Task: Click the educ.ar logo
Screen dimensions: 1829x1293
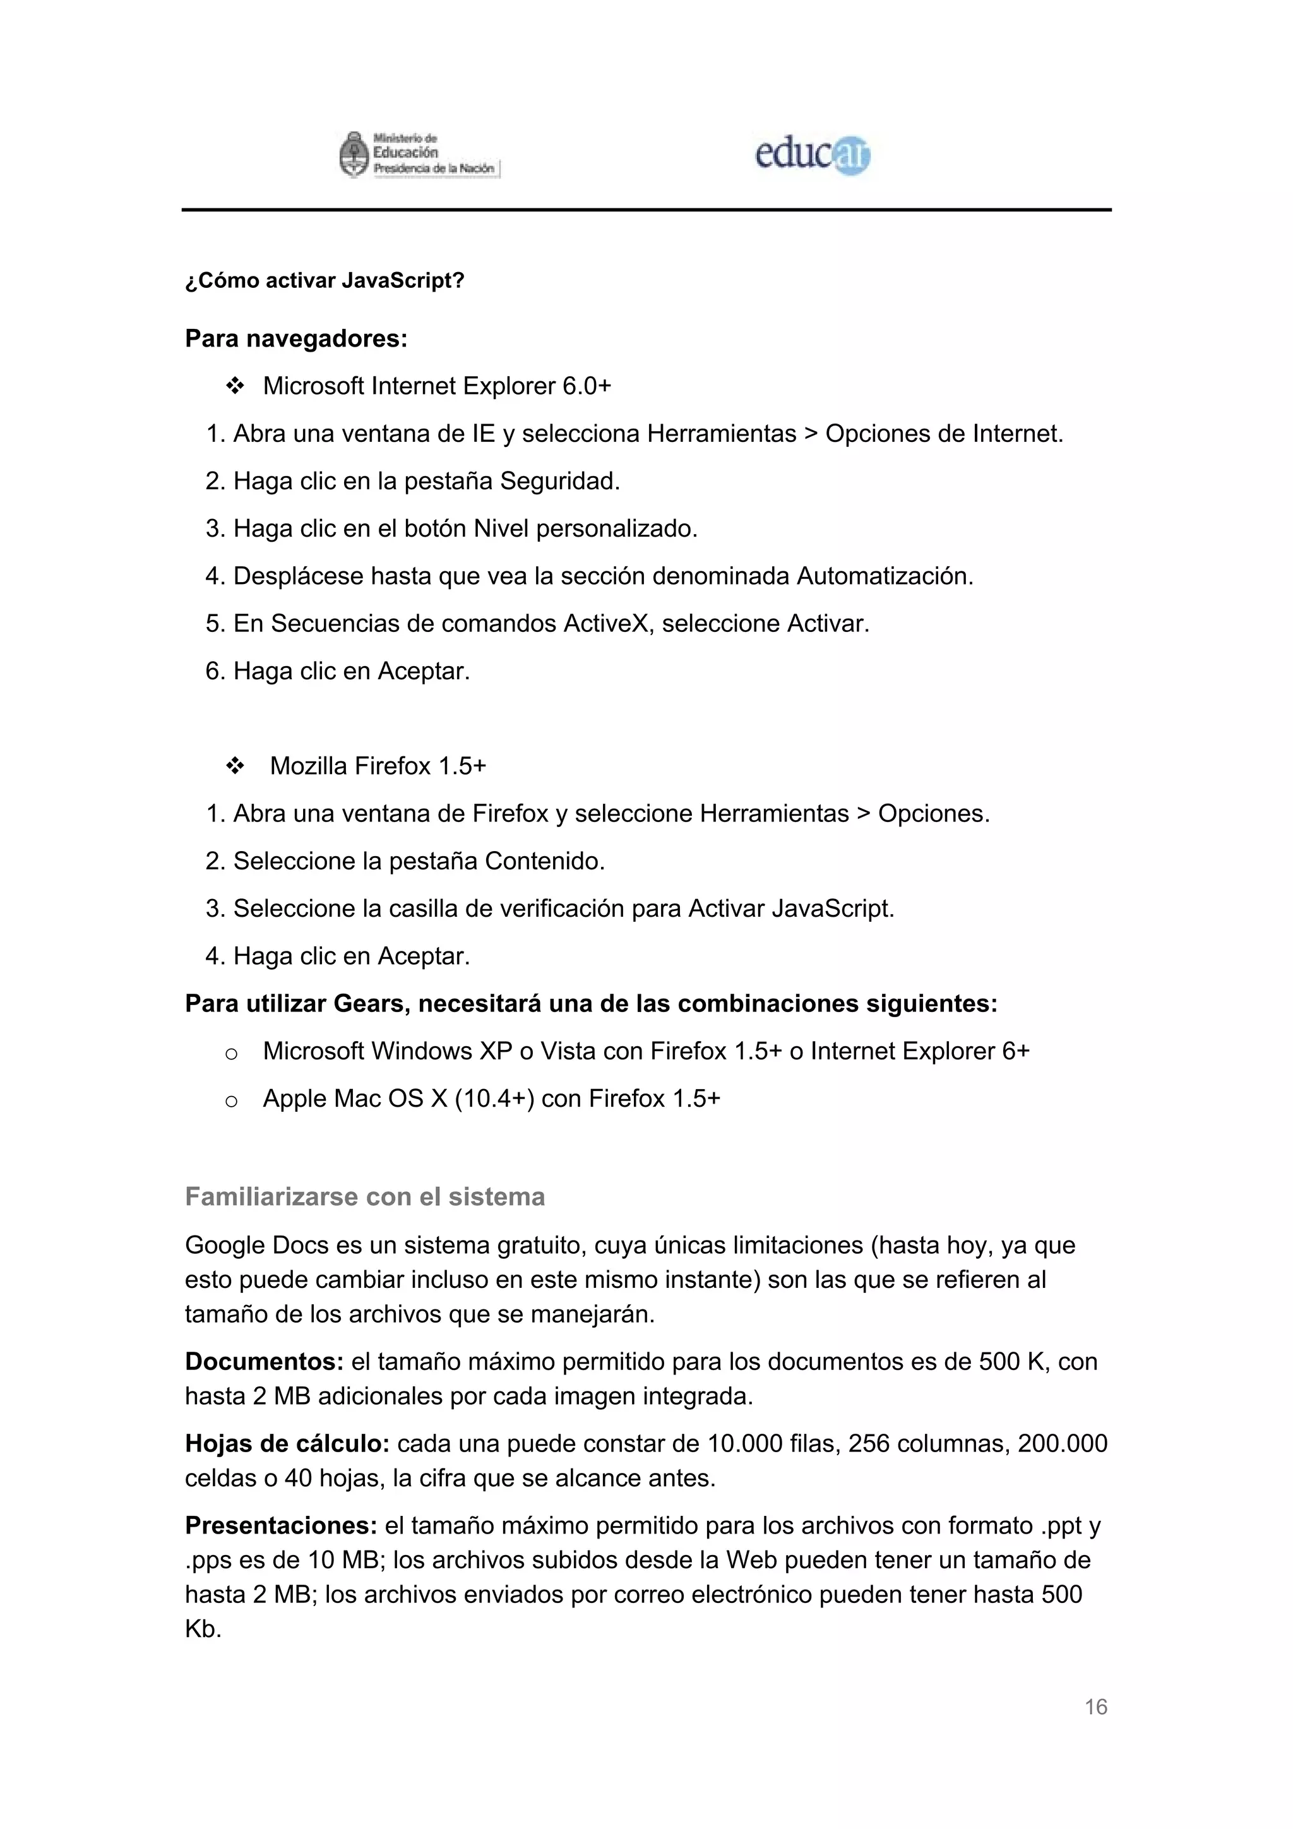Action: [812, 155]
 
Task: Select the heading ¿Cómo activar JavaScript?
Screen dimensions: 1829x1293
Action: [325, 281]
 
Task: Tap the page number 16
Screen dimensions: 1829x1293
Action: [1095, 1707]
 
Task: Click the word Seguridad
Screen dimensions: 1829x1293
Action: [559, 481]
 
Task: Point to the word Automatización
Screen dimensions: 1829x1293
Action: [885, 576]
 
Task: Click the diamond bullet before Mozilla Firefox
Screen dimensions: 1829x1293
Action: [234, 766]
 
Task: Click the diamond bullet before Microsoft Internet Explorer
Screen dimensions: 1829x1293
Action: [234, 387]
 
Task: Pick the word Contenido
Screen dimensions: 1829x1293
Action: [544, 861]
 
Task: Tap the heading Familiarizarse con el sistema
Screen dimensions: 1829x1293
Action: [365, 1196]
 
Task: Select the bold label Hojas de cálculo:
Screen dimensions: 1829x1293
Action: [287, 1443]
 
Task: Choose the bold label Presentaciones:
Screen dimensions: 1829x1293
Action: [280, 1525]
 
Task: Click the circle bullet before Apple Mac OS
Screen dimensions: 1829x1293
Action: [231, 1102]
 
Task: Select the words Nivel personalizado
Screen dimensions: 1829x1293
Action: [585, 528]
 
